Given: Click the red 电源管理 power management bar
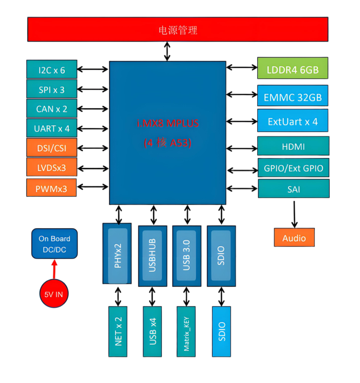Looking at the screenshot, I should [178, 30].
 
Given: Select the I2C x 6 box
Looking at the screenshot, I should [52, 70].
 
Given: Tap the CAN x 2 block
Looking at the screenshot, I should [52, 109].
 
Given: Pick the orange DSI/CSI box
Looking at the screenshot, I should [52, 148].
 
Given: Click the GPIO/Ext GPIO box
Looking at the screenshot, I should [293, 168].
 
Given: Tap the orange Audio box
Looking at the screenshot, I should [294, 238].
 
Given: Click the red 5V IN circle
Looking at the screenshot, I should [54, 294].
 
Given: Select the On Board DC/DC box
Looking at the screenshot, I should [54, 244].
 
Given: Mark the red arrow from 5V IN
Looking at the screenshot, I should [54, 269].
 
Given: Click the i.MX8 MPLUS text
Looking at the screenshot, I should [168, 123].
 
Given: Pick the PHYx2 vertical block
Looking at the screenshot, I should [117, 255].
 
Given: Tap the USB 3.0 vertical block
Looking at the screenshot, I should [187, 255].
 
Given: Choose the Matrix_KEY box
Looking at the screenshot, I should [186, 332].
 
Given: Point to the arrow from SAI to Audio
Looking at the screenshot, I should [294, 213].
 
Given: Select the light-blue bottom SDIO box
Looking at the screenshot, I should [222, 332].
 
